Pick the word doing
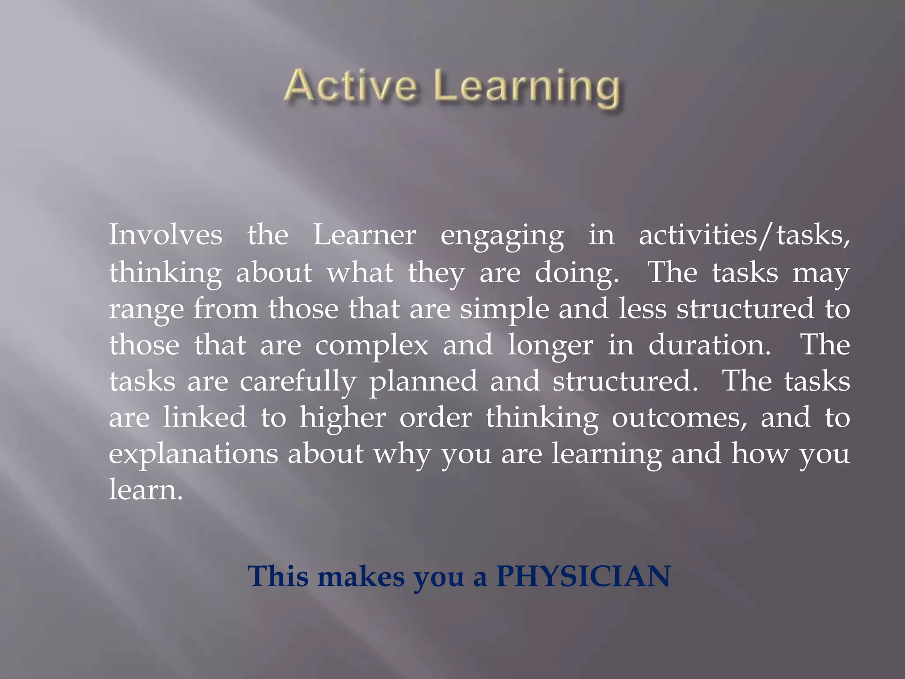coord(576,273)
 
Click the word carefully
coord(298,382)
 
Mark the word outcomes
coord(679,418)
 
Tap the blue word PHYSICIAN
coord(583,576)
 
